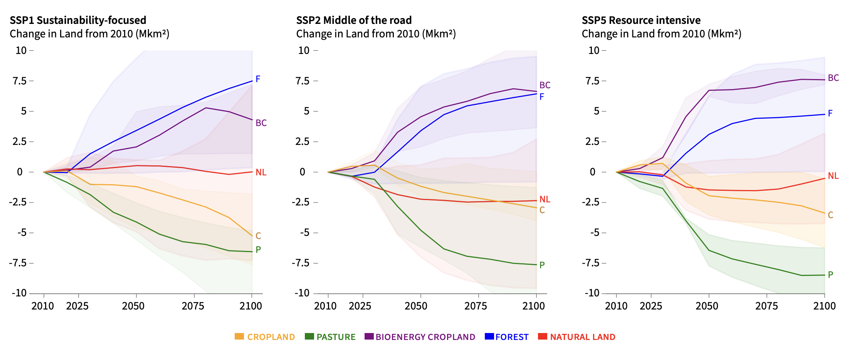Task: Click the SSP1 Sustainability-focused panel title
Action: [x=78, y=20]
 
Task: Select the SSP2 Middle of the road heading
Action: [x=353, y=20]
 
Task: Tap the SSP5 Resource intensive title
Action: [x=641, y=20]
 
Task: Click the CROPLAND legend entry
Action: [x=265, y=337]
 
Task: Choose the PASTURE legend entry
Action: [x=330, y=337]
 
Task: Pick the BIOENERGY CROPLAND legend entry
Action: [x=420, y=337]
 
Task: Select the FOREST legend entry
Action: [x=506, y=337]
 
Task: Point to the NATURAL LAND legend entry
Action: [x=577, y=337]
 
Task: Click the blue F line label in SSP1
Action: [x=258, y=79]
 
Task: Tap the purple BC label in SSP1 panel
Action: [x=261, y=123]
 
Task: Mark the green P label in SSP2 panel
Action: [x=542, y=265]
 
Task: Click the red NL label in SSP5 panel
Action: [x=833, y=176]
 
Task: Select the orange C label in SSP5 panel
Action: [x=830, y=215]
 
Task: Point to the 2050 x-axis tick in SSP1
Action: [x=133, y=306]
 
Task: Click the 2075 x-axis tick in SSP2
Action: [x=476, y=306]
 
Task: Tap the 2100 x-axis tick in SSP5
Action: [x=824, y=306]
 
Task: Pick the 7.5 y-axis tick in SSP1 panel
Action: [x=20, y=81]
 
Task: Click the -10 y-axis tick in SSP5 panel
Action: [x=592, y=293]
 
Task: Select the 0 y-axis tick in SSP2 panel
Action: [x=303, y=172]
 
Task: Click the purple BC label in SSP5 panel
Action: [x=833, y=78]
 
